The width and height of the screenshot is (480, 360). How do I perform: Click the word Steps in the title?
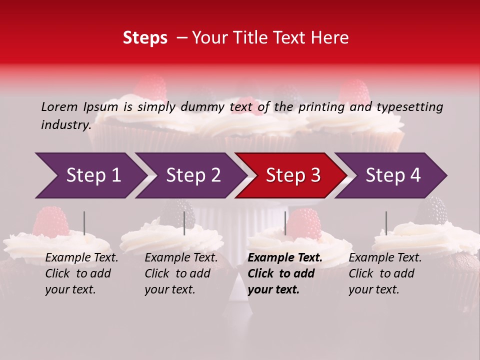coord(145,38)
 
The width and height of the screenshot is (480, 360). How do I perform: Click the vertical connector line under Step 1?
coord(84,223)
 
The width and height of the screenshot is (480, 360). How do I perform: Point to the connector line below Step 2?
coord(184,223)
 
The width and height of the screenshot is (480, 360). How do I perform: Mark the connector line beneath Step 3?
coord(285,223)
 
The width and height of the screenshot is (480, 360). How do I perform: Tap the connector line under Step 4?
coord(386,223)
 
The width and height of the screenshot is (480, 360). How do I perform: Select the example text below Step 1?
coord(81,273)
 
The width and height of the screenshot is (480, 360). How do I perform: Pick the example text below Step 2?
coord(181,273)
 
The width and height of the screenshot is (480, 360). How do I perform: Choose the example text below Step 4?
coord(385,273)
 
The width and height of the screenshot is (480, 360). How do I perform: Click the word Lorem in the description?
coord(59,106)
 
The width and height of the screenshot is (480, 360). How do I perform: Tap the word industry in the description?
coord(66,124)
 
